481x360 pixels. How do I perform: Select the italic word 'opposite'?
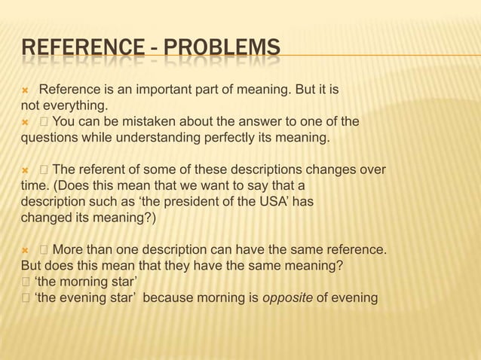(x=286, y=297)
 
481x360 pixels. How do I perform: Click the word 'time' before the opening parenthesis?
(x=34, y=187)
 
